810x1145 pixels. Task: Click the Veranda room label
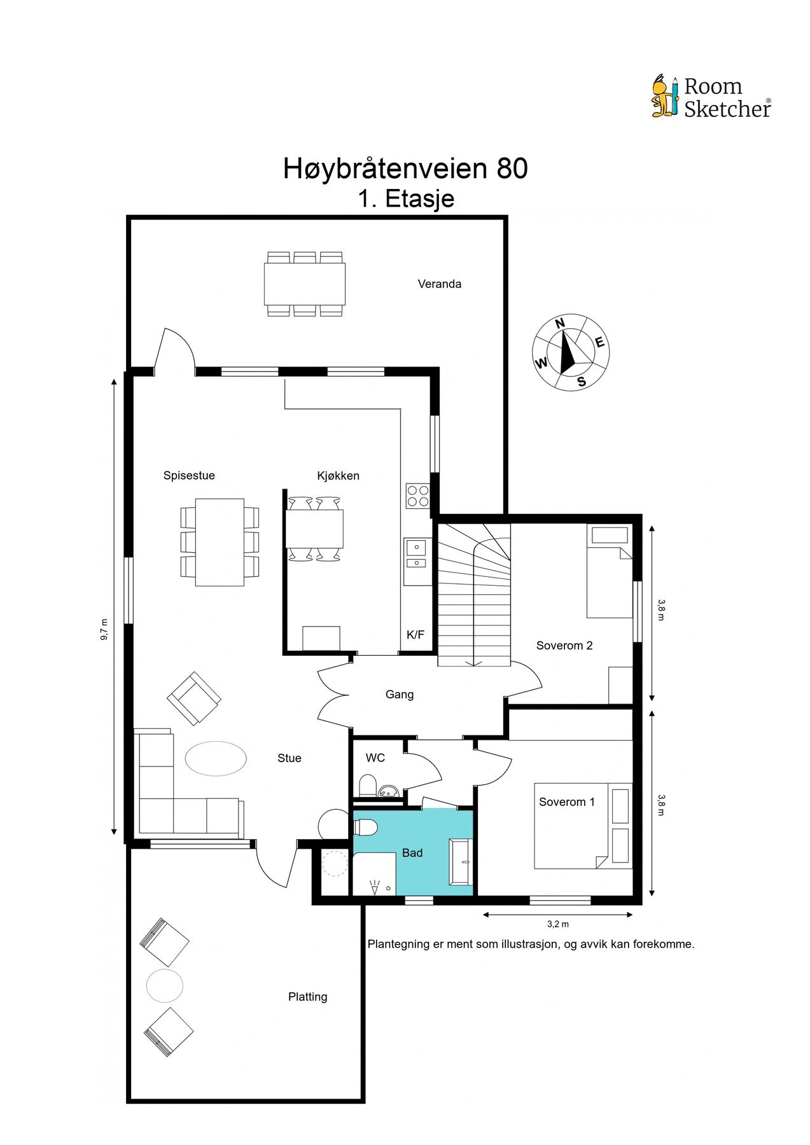[439, 284]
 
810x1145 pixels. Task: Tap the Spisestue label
[189, 476]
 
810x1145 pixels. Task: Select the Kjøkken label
[338, 476]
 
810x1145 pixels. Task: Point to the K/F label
[415, 634]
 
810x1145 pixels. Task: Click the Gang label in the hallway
[400, 695]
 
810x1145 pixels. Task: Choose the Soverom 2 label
[564, 646]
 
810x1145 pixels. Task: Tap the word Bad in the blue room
[412, 853]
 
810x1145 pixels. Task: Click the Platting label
[307, 997]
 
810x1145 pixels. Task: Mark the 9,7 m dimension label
[104, 630]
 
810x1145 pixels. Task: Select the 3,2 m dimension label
[558, 924]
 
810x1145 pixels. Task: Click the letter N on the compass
[560, 324]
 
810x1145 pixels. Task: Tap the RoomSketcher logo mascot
[666, 96]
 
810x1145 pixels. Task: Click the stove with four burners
[418, 496]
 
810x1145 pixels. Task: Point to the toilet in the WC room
[368, 785]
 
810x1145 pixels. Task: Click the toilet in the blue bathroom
[366, 827]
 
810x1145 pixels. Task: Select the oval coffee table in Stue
[216, 759]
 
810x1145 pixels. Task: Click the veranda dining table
[305, 284]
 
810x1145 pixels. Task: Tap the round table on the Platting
[165, 985]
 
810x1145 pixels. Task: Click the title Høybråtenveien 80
[405, 169]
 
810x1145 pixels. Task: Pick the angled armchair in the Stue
[194, 698]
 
